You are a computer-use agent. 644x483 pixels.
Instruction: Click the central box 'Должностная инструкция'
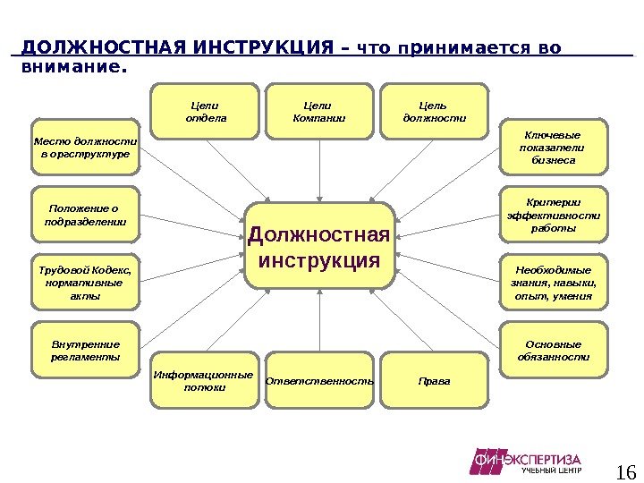point(319,246)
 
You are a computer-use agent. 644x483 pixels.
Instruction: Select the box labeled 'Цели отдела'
point(206,112)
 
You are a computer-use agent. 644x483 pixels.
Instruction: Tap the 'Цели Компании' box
point(319,112)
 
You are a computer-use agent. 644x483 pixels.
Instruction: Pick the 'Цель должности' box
point(435,112)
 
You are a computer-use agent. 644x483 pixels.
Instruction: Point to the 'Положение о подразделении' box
point(86,215)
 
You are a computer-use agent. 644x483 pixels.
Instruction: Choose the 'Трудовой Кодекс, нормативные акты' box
point(86,282)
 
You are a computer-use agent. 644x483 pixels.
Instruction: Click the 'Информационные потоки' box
point(205,381)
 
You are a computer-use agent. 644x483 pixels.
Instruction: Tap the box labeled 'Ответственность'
point(319,381)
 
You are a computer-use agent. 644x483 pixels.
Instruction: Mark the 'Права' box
point(435,381)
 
